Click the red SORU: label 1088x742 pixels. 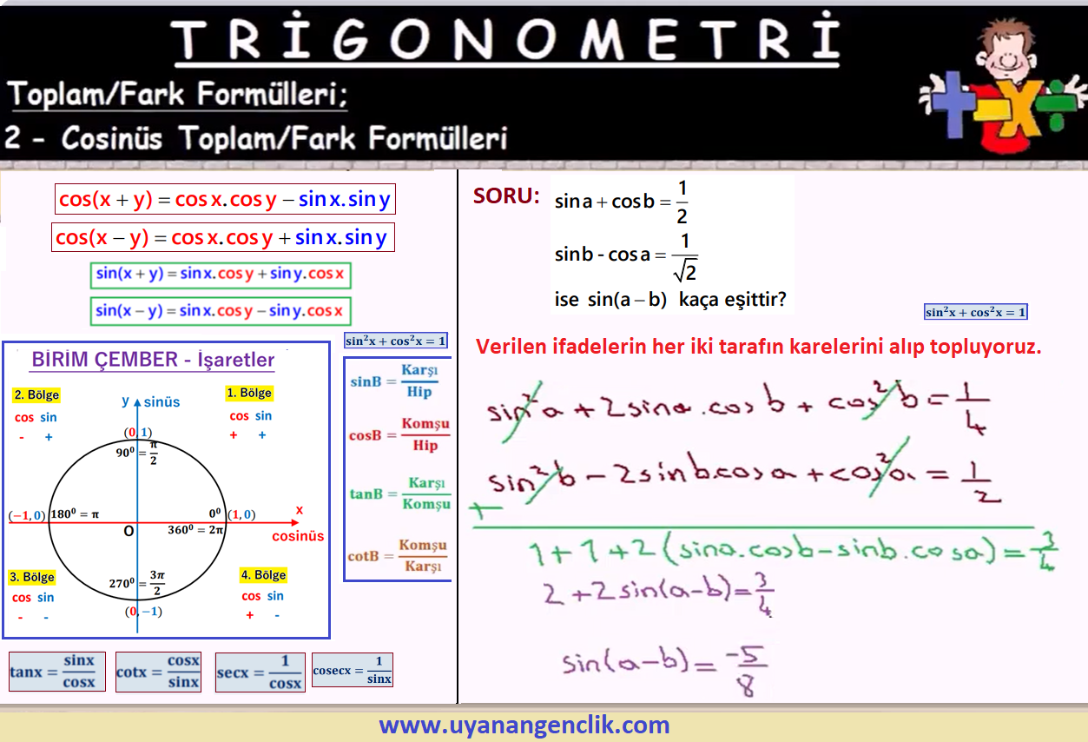pyautogui.click(x=506, y=195)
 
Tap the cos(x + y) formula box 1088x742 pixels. pyautogui.click(x=225, y=199)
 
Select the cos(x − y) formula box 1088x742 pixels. pyautogui.click(x=223, y=237)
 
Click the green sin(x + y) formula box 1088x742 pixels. pyautogui.click(x=221, y=275)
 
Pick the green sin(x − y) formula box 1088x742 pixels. pyautogui.click(x=221, y=311)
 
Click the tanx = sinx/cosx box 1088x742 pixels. pyautogui.click(x=56, y=672)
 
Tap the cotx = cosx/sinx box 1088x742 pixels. pyautogui.click(x=158, y=672)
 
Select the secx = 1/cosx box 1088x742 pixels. pyautogui.click(x=260, y=672)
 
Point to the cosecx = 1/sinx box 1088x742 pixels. pyautogui.click(x=353, y=670)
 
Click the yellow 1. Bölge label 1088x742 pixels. pyautogui.click(x=249, y=393)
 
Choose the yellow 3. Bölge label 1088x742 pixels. pyautogui.click(x=32, y=577)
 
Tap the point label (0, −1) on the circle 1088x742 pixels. pyautogui.click(x=143, y=611)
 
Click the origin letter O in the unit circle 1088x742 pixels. pyautogui.click(x=129, y=531)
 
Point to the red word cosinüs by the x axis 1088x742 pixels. pyautogui.click(x=298, y=536)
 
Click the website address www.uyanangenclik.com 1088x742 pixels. pyautogui.click(x=524, y=725)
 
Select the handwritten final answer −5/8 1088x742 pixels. pyautogui.click(x=746, y=671)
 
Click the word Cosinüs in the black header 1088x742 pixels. pyautogui.click(x=112, y=138)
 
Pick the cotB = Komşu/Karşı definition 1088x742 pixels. pyautogui.click(x=398, y=555)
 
